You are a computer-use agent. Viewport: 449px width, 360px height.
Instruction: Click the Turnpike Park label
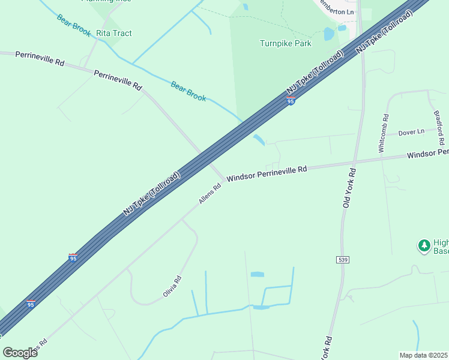(x=286, y=43)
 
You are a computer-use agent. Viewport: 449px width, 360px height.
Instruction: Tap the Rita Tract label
(x=114, y=33)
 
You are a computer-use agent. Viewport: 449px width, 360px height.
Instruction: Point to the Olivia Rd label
(x=172, y=287)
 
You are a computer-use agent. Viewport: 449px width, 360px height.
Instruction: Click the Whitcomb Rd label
(x=384, y=133)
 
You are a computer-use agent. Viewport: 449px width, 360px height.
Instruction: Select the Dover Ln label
(x=411, y=131)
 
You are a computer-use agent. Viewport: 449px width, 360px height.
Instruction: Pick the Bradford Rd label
(x=438, y=127)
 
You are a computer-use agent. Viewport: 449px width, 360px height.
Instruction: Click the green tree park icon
(x=424, y=245)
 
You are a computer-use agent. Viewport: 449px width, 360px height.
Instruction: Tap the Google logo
(x=20, y=352)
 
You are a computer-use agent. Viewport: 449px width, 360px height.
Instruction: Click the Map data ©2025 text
(x=424, y=355)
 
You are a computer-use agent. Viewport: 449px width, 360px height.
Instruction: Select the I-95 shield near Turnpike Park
(x=291, y=101)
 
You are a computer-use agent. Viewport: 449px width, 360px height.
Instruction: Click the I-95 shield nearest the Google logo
(x=31, y=304)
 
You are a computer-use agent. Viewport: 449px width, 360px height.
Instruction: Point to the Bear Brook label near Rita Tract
(x=74, y=22)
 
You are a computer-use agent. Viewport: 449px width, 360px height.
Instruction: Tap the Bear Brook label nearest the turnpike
(x=188, y=91)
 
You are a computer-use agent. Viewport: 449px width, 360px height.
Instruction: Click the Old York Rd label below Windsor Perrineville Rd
(x=349, y=188)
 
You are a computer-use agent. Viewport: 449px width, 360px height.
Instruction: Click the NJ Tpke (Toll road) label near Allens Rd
(x=152, y=193)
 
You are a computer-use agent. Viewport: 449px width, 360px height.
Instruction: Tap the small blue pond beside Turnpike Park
(x=329, y=34)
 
